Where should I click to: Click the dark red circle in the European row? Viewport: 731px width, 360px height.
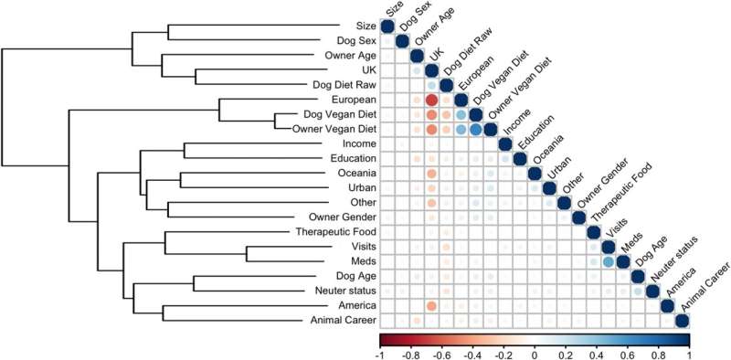click(x=431, y=100)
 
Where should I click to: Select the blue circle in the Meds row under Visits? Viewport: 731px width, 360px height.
click(x=609, y=261)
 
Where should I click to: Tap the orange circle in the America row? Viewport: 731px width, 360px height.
click(x=431, y=305)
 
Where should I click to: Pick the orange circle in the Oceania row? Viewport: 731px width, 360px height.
click(x=431, y=173)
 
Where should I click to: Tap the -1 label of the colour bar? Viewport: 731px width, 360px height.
click(x=379, y=353)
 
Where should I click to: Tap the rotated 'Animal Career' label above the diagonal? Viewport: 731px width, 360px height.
click(x=706, y=289)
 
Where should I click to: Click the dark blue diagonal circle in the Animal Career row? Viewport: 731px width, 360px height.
click(x=682, y=320)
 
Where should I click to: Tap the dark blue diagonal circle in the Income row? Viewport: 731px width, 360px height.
click(x=505, y=143)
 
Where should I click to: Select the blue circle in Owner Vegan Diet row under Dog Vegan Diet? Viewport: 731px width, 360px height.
click(x=476, y=129)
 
